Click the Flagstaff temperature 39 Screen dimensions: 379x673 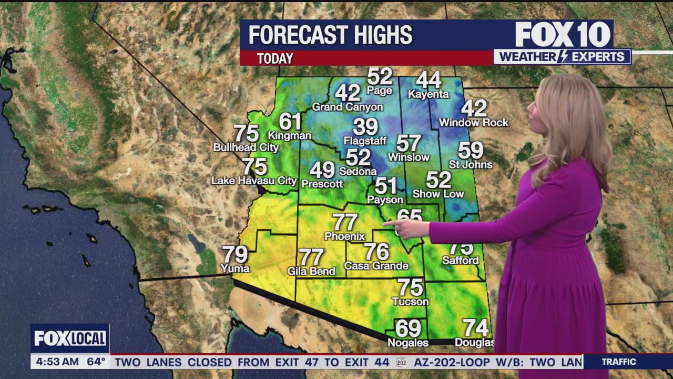[x=365, y=127]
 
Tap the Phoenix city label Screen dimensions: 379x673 [x=344, y=236]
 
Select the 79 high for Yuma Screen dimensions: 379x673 [x=235, y=255]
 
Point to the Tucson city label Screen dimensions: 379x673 [x=410, y=302]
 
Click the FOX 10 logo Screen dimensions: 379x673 [x=563, y=35]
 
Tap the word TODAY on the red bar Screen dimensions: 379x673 [x=275, y=58]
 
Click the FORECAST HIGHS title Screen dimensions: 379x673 [x=330, y=35]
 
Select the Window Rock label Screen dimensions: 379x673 [x=474, y=123]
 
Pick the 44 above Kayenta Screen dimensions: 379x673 [x=428, y=80]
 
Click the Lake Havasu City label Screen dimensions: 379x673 [x=254, y=181]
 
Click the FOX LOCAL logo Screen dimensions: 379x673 [x=70, y=338]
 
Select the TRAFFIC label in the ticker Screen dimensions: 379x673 [x=619, y=362]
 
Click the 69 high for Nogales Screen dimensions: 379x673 [x=408, y=328]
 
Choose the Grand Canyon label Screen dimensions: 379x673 [x=348, y=107]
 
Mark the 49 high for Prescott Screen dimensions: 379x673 [x=322, y=170]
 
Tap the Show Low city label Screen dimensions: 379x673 [x=438, y=194]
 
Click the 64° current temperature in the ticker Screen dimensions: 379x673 [x=96, y=362]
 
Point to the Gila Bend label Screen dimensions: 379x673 [x=311, y=271]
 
